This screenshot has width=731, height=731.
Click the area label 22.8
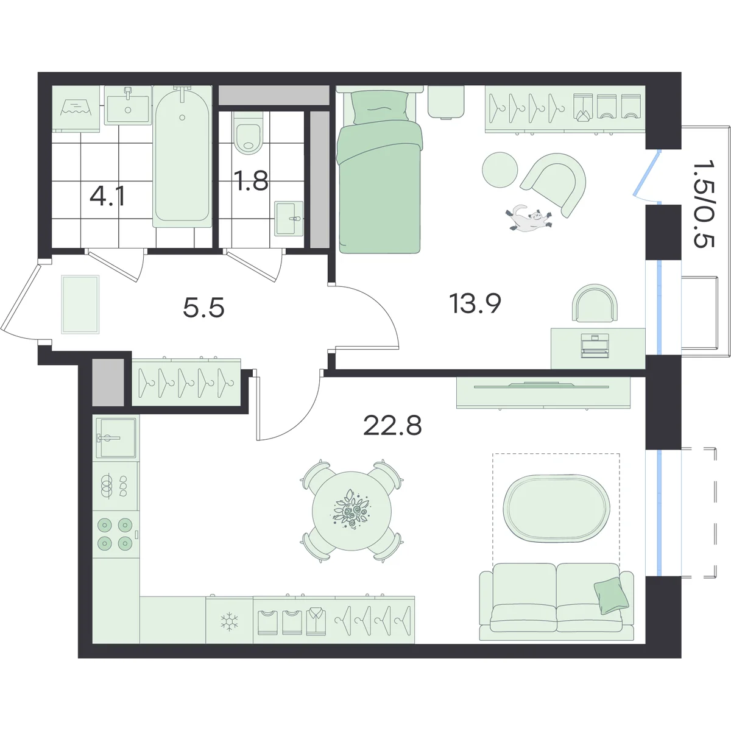coord(392,426)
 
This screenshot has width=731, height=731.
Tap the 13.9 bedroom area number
coord(475,304)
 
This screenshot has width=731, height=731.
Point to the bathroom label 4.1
coord(108,196)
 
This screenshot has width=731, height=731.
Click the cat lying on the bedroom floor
coord(529,218)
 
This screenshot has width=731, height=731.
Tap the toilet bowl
coord(249,133)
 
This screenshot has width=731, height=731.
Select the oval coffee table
coord(557,508)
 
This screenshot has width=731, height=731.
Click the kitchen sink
coord(116,438)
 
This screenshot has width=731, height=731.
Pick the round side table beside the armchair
coord(500,169)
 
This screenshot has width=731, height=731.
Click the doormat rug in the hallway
coord(80,305)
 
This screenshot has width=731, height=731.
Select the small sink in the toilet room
coord(289,219)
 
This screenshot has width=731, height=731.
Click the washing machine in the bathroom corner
coord(76,109)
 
